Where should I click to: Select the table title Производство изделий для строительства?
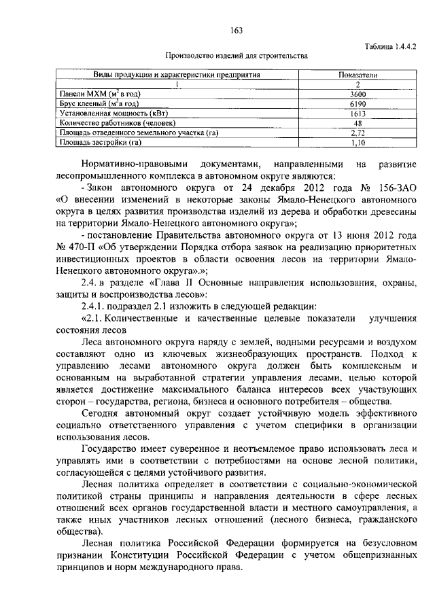point(237,56)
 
